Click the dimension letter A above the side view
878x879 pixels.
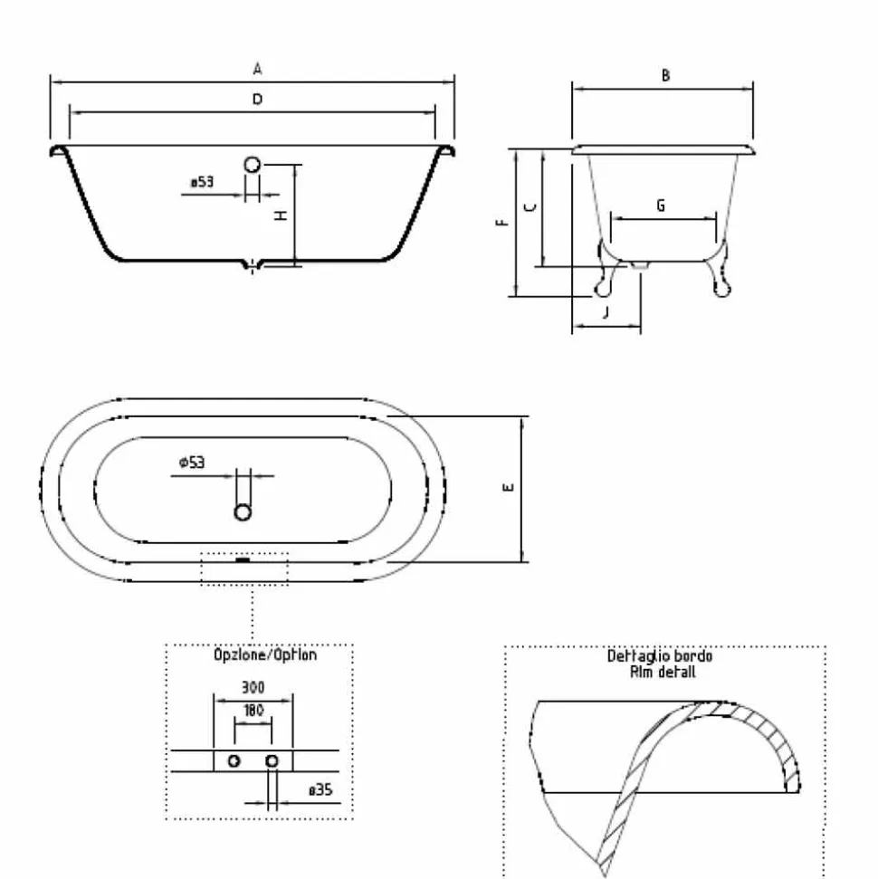coord(257,69)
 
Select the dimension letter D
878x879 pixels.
coord(257,100)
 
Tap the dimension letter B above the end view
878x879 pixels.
coord(665,75)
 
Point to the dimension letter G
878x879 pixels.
coord(661,205)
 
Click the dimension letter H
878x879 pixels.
coord(281,215)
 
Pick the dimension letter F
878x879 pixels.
coord(502,223)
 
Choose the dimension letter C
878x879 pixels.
coord(530,207)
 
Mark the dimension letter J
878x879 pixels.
coord(606,312)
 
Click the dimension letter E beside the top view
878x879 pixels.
coord(508,488)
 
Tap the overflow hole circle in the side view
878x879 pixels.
coord(253,164)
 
